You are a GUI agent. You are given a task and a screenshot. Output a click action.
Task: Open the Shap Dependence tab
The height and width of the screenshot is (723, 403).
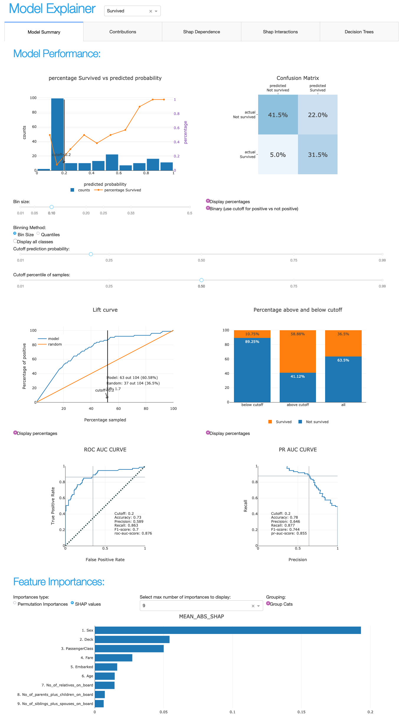point(201,32)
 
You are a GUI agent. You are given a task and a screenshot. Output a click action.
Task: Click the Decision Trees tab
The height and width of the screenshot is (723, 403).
point(359,32)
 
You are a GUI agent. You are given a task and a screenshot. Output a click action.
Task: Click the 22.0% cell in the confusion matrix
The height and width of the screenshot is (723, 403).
point(318,115)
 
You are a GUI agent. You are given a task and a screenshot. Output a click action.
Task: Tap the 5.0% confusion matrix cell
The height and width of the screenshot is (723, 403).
point(278,155)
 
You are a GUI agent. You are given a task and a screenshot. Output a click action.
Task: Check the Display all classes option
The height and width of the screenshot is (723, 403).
point(15,241)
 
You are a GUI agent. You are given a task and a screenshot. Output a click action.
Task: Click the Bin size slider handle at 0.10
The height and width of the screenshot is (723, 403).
point(52,207)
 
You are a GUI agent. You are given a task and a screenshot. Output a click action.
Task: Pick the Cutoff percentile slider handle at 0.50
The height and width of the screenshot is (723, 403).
point(201,280)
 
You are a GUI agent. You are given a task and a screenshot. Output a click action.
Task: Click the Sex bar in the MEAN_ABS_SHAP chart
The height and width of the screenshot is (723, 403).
point(227,630)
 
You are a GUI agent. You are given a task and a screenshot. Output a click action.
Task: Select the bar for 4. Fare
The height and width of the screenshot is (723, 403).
point(113,658)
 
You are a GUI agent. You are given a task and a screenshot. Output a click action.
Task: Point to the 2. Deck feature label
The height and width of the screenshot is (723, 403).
point(86,639)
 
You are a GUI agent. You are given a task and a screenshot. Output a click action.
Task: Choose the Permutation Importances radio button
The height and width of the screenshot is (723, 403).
point(15,603)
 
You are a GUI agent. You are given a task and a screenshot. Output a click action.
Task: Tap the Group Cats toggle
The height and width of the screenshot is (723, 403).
point(268,604)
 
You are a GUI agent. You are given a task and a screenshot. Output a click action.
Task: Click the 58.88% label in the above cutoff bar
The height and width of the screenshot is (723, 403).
point(298,334)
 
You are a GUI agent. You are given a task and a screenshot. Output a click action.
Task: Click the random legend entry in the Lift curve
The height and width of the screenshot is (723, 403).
point(55,344)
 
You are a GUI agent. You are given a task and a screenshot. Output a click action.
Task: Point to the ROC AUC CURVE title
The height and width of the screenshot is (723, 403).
point(105,450)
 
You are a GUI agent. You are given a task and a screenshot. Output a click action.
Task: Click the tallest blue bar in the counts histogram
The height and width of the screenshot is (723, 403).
point(57,134)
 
